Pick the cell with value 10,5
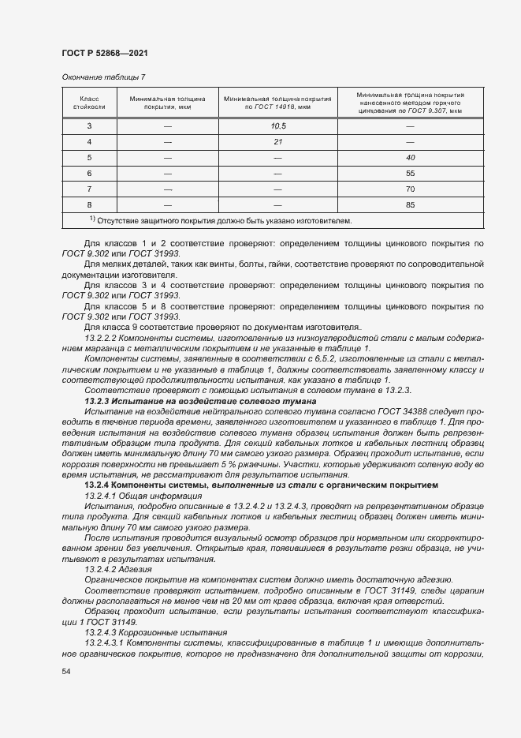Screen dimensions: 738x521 [x=277, y=126]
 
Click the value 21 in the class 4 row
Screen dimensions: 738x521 [x=277, y=141]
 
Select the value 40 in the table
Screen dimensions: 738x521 [x=410, y=157]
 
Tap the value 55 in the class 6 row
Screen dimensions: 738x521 [x=410, y=173]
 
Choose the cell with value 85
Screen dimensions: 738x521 [x=410, y=204]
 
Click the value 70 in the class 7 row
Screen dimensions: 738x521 [x=410, y=189]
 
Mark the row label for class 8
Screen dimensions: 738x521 [x=89, y=204]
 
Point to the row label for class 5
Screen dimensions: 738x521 [x=89, y=157]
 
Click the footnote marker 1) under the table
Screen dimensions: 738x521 [x=92, y=219]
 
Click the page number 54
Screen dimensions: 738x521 [x=66, y=671]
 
